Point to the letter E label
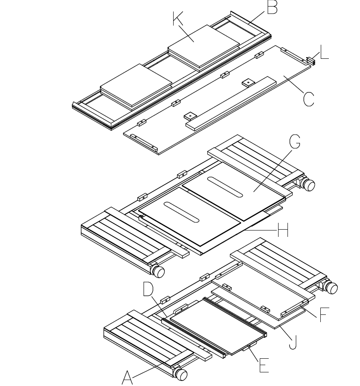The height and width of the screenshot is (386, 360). (264, 365)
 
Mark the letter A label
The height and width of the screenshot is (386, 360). (128, 377)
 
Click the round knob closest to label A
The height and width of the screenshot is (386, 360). (181, 374)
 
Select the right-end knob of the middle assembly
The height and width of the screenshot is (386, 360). (308, 185)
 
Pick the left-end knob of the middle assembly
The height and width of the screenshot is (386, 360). (159, 272)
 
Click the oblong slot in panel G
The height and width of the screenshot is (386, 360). (226, 187)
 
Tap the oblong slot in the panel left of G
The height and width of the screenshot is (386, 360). (181, 211)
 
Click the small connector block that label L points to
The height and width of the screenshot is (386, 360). (311, 62)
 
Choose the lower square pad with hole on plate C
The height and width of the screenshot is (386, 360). (189, 115)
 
